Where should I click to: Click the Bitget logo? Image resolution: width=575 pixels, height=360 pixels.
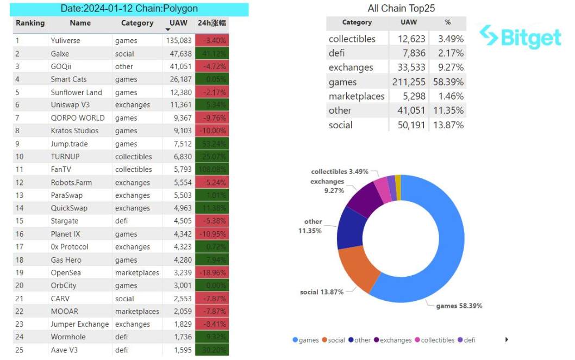click(x=521, y=36)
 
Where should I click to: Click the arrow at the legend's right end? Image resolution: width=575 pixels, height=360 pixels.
click(x=507, y=339)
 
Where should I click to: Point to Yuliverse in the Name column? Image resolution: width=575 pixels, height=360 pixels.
click(x=65, y=41)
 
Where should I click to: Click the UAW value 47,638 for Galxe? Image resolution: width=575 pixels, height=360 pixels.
click(x=178, y=54)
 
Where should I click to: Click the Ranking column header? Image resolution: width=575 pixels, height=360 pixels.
click(x=30, y=23)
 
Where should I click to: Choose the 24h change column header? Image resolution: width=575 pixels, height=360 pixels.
click(x=212, y=23)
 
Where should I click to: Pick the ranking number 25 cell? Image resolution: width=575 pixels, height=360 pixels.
click(x=20, y=350)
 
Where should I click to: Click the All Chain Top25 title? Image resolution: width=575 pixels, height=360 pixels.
click(x=401, y=8)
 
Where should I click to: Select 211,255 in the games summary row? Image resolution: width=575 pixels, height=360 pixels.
click(x=409, y=82)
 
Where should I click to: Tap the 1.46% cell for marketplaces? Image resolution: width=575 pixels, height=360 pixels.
click(x=447, y=96)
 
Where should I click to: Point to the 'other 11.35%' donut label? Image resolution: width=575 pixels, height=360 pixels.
click(x=313, y=226)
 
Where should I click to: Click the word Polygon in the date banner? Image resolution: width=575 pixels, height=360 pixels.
click(x=179, y=9)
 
